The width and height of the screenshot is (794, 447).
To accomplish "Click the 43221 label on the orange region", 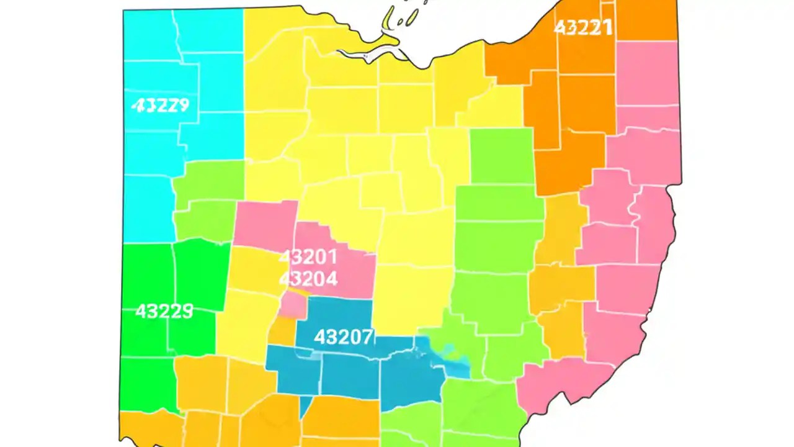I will pos(582,27).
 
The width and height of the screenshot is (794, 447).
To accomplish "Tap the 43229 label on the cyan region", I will pos(160,105).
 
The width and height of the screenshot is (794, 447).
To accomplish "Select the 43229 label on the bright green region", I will pos(164,310).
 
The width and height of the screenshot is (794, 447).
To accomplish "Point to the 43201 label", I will pos(308,256).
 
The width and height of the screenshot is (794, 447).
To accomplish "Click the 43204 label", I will pos(308,278).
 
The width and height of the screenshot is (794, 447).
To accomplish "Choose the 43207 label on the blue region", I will pos(344,337).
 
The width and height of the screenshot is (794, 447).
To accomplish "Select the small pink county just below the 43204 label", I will pos(292,305).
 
